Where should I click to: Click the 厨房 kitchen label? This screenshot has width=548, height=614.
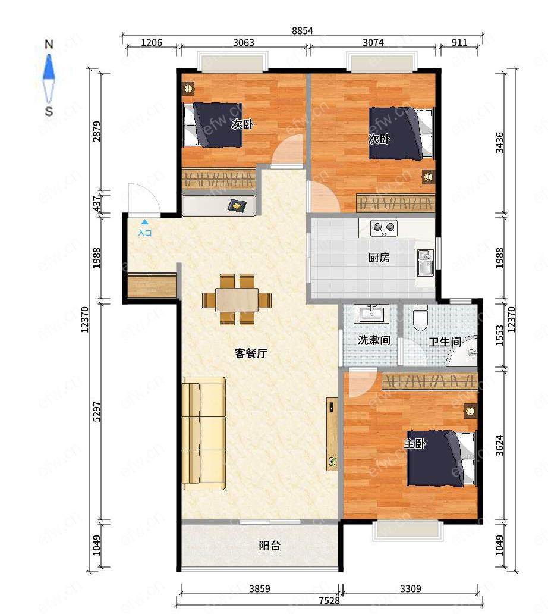point(379,257)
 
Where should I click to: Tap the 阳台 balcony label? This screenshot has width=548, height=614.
point(269,545)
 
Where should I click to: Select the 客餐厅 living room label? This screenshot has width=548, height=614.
point(251,353)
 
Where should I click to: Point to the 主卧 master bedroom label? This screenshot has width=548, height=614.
point(415,444)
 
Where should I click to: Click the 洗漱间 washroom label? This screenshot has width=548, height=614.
point(374,340)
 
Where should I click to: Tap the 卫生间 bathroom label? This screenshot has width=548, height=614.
point(445,342)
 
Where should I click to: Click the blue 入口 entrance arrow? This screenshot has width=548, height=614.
point(144,222)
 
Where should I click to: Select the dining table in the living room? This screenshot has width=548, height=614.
point(237,300)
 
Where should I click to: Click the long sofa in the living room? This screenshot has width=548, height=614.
point(204,433)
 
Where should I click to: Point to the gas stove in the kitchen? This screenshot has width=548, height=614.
point(384,228)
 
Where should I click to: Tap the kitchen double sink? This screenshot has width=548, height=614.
point(425,262)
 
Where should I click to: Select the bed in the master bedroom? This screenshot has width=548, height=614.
point(441,458)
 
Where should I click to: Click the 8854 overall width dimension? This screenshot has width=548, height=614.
point(303,30)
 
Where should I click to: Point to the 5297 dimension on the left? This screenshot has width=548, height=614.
point(97,412)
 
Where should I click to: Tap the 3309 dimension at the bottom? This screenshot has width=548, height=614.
point(411,588)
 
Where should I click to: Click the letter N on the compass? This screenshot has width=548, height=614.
point(49,44)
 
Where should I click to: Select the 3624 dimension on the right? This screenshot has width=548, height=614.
point(499,445)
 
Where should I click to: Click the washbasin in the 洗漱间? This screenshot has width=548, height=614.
point(371,314)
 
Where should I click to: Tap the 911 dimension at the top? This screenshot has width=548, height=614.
point(459,42)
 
